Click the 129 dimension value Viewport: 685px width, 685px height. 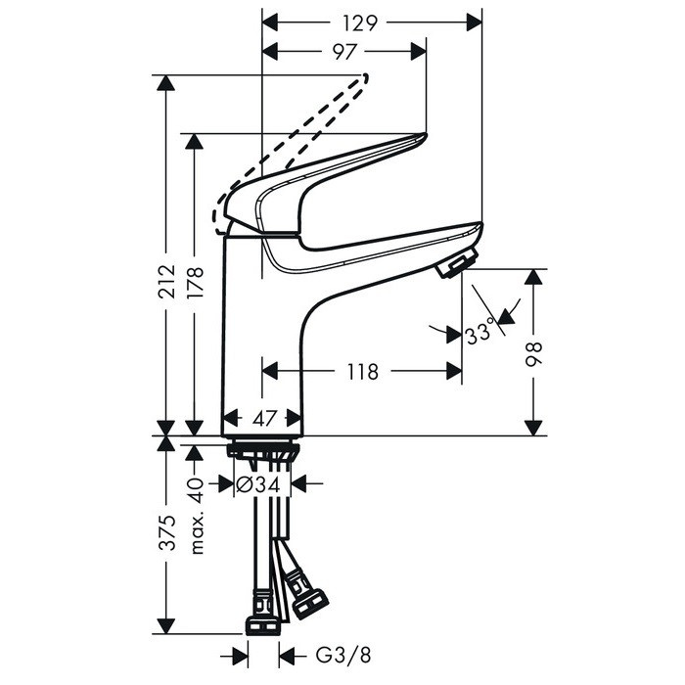pos(359,23)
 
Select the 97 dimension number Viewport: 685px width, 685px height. pos(344,52)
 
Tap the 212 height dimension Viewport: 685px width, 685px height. pos(166,282)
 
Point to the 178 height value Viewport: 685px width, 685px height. pos(195,282)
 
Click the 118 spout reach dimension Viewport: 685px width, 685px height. pos(363,372)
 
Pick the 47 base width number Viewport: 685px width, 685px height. pos(265,419)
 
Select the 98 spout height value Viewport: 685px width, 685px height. pos(533,354)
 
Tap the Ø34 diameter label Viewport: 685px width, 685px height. pos(258,484)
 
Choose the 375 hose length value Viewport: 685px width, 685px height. pos(166,532)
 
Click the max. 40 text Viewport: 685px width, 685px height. pos(198,516)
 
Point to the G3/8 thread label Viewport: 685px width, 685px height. pos(343,656)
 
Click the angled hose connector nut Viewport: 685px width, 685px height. pos(310,604)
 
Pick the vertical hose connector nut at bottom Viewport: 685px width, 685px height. pos(262,625)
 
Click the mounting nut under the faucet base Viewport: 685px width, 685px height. pos(263,450)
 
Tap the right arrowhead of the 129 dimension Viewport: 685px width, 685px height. pos(474,23)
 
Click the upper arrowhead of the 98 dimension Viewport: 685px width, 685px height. pos(533,277)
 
